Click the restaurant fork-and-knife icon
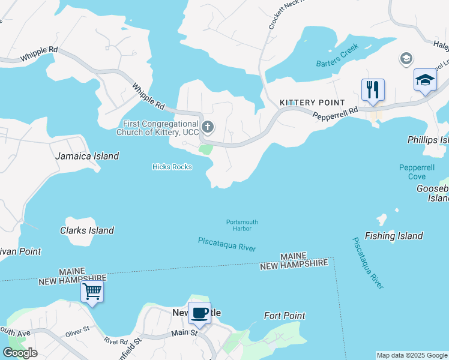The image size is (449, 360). coord(373,90)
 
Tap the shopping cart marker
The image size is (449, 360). coord(92,292)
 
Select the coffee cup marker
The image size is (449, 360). coord(200,313)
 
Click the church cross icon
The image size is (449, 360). coord(208,127)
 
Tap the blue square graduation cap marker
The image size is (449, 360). coord(425,80)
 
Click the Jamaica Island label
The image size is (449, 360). coord(87,156)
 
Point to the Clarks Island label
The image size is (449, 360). coord(87,230)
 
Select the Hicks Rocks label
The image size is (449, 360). coord(172,167)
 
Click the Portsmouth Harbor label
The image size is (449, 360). coord(242,225)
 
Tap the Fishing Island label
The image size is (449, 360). coord(393,236)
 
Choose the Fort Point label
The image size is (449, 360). coord(285,316)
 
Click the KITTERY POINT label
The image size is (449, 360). coord(312,103)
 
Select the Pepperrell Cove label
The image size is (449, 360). coord(412,172)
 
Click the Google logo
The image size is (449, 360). coord(20,353)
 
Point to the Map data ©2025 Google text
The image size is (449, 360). coord(412,355)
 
